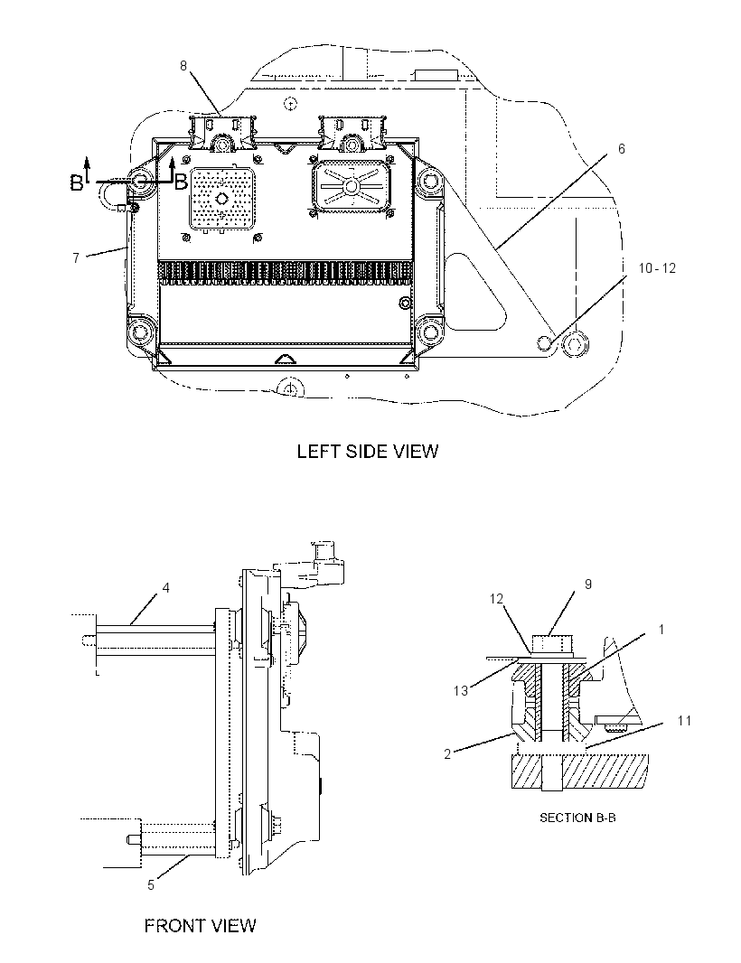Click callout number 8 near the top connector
pos(183,66)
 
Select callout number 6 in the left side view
pos(621,149)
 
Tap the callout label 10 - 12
pos(657,268)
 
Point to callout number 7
pos(76,258)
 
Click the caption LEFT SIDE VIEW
pos(368,452)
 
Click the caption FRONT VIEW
pos(201,926)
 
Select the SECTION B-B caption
pos(577,818)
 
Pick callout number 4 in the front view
pos(166,588)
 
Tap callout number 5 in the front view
pos(151,885)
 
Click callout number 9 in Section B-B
pos(588,584)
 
